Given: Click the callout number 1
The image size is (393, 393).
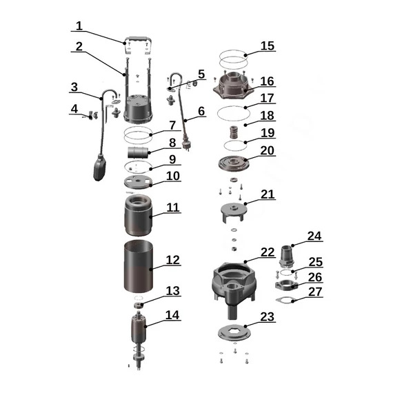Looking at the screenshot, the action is point(79,26).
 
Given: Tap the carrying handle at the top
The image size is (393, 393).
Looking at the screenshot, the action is point(138,39).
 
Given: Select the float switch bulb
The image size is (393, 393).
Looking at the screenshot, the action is point(99,168).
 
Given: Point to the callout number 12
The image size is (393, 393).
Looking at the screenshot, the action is point(172,260).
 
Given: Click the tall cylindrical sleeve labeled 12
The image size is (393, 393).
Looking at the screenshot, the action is point(139,266).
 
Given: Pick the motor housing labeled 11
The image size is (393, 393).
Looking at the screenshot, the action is point(139,215).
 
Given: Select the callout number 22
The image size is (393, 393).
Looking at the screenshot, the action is point(268,252).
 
